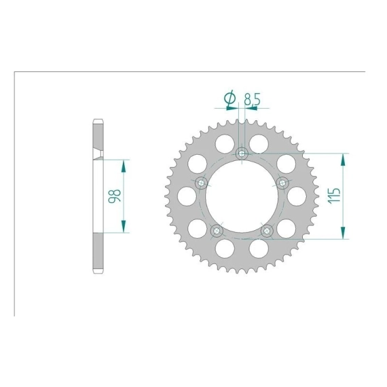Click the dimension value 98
tap(115, 196)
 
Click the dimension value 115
tap(333, 196)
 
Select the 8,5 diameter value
tap(252, 100)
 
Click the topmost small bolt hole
tap(242, 153)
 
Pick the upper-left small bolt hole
tap(202, 183)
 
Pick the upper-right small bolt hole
tap(282, 183)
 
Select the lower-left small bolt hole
tap(217, 231)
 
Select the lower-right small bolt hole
tap(267, 231)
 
